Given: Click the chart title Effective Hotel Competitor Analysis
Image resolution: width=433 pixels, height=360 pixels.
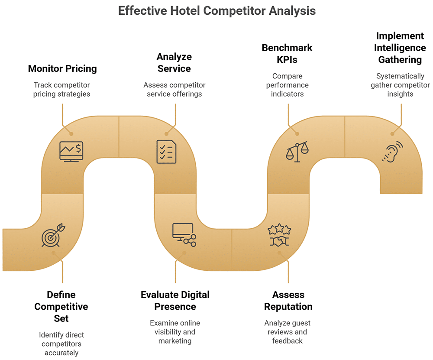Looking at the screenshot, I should (216, 10).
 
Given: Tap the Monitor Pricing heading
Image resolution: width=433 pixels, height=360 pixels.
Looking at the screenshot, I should (62, 68).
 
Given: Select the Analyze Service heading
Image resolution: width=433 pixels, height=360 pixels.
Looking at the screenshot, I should (174, 62).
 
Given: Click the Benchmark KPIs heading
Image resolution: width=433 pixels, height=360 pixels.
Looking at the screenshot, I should (287, 54).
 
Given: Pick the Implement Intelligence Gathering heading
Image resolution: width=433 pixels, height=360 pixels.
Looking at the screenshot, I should (400, 48).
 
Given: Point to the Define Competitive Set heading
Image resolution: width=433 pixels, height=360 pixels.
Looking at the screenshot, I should (61, 306).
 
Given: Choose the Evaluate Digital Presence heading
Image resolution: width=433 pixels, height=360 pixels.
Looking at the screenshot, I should (175, 301).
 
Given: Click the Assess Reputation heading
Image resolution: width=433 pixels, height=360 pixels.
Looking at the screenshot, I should (288, 301).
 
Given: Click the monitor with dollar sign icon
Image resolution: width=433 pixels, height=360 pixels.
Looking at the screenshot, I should (71, 152).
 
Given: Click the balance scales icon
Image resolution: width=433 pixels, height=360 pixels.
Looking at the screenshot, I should (297, 152).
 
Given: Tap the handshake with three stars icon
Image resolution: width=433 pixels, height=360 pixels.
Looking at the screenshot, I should (279, 235).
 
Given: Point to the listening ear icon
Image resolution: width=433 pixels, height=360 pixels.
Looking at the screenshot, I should (392, 152).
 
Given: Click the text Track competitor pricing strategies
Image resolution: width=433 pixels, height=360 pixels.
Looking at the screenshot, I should (62, 89).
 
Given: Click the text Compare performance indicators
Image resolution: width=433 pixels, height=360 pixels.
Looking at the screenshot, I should (287, 85).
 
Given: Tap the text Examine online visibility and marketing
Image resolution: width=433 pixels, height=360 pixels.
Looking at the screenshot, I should (175, 332).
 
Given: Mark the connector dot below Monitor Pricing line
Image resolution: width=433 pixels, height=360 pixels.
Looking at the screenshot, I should (72, 134).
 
